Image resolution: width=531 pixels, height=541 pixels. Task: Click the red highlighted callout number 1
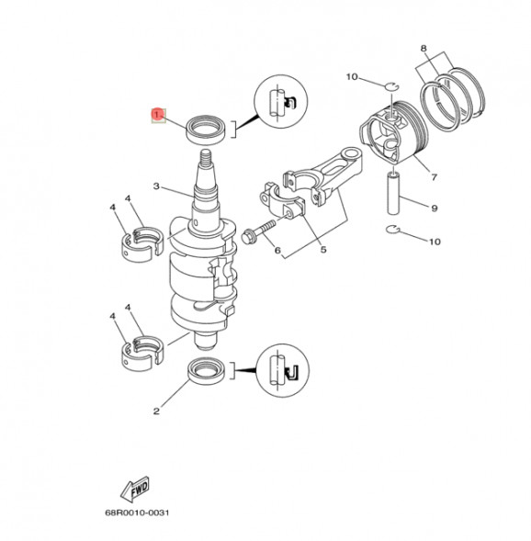click(x=157, y=115)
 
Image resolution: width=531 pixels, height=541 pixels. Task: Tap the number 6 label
click(x=277, y=250)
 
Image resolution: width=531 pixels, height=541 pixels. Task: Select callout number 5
click(x=322, y=250)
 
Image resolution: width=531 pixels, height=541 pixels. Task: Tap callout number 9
click(x=435, y=208)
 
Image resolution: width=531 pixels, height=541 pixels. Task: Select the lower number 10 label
click(x=435, y=242)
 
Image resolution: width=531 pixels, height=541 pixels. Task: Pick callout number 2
click(x=157, y=411)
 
